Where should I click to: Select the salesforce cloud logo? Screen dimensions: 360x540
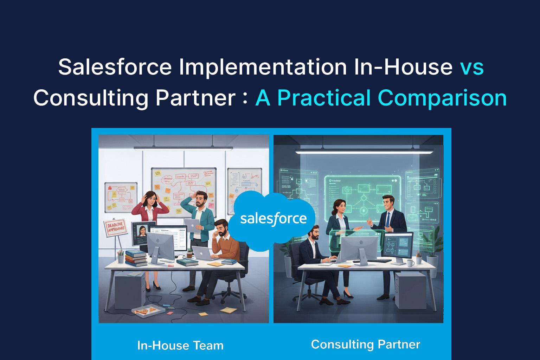tap(273, 219)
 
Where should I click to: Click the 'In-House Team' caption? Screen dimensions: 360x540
tap(180, 345)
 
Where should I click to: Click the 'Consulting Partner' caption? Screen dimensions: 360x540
tap(366, 344)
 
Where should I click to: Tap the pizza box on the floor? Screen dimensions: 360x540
tap(148, 310)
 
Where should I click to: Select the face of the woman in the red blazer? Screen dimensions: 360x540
tap(152, 199)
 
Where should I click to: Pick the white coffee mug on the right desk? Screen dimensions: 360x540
tap(410, 263)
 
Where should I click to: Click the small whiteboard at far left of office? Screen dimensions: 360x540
tap(121, 197)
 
